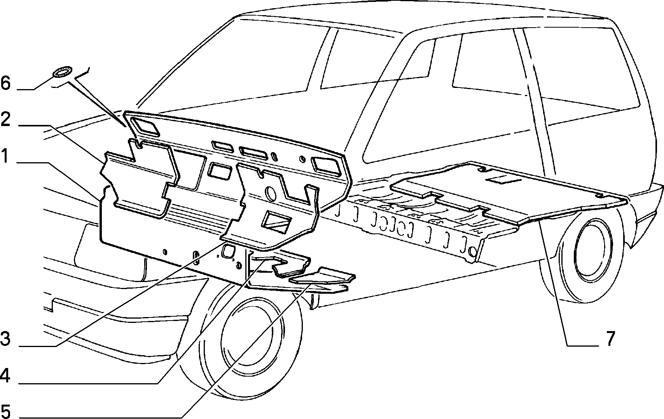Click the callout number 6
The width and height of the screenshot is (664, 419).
pyautogui.click(x=5, y=83)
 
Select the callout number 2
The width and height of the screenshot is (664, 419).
pyautogui.click(x=5, y=119)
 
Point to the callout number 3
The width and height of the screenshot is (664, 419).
pyautogui.click(x=5, y=339)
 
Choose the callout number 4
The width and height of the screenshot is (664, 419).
pyautogui.click(x=5, y=376)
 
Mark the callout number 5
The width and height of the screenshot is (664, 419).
pyautogui.click(x=5, y=412)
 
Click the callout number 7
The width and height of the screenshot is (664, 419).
pyautogui.click(x=610, y=339)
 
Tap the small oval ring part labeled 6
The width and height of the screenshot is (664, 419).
pyautogui.click(x=62, y=72)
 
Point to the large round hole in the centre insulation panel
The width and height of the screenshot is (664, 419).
pyautogui.click(x=271, y=193)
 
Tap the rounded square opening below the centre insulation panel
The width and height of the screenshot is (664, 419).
pyautogui.click(x=229, y=251)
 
